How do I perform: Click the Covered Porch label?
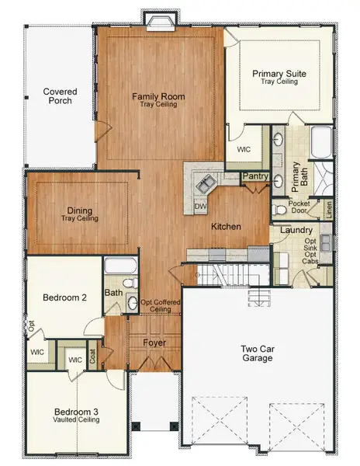click(x=59, y=96)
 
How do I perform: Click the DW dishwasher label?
click(x=200, y=207)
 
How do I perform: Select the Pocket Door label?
click(x=299, y=208)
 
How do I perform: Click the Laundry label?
click(x=296, y=231)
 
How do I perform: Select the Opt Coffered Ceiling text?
click(x=156, y=306)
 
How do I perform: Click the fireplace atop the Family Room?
click(x=151, y=18)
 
